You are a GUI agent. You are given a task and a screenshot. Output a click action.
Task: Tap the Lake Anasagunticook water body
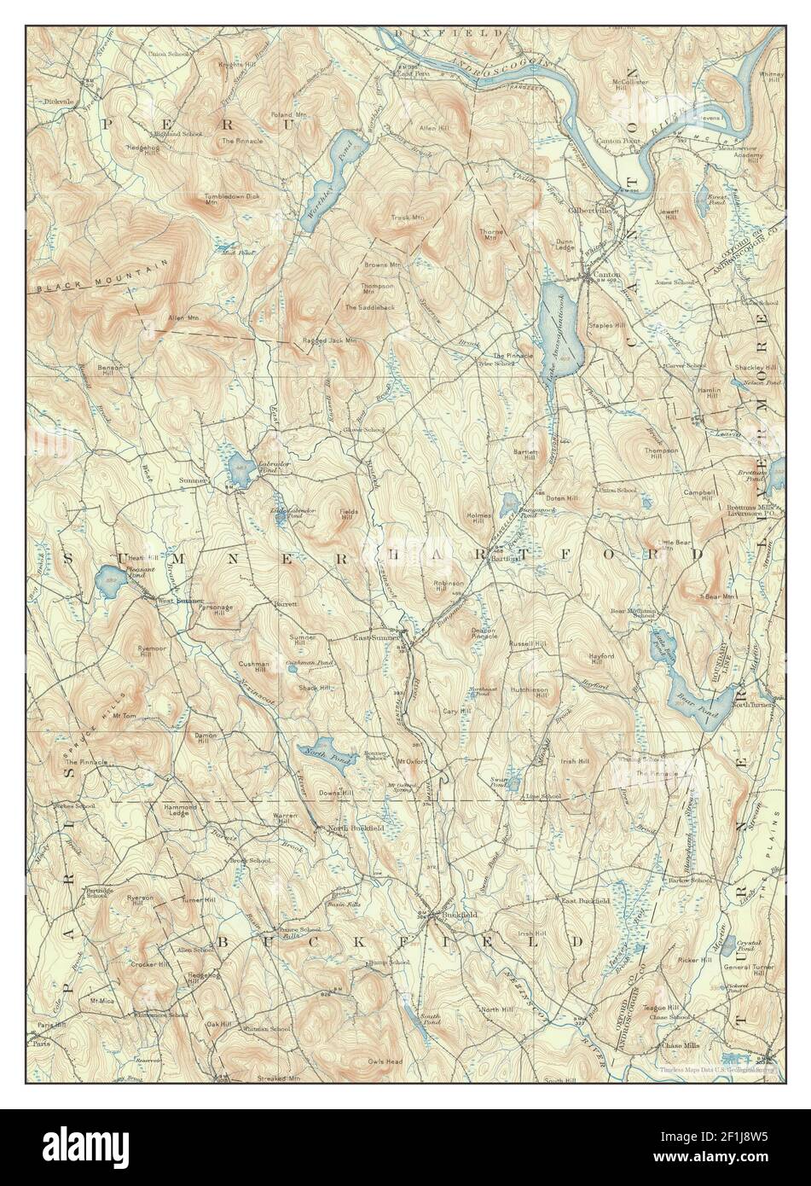coord(559,328)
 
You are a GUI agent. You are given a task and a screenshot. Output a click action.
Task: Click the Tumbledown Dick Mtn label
coord(229,200)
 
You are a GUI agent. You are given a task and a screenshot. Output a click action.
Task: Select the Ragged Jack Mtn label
coord(331,340)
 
